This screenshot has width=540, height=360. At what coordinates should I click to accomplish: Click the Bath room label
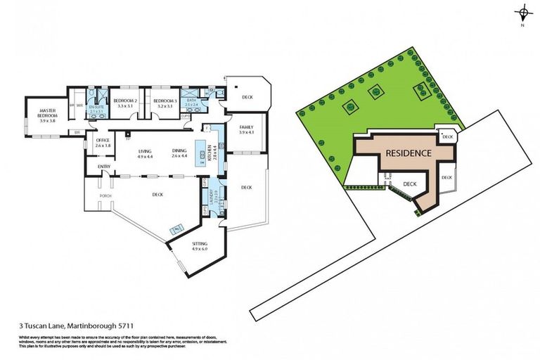click(x=191, y=102)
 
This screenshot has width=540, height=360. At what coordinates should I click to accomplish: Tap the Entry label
click(x=104, y=166)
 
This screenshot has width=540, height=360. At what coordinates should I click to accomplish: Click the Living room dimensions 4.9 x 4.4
click(x=146, y=156)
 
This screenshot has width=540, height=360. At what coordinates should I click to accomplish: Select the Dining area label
click(x=179, y=150)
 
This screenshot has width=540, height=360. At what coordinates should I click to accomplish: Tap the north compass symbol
click(x=522, y=13)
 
